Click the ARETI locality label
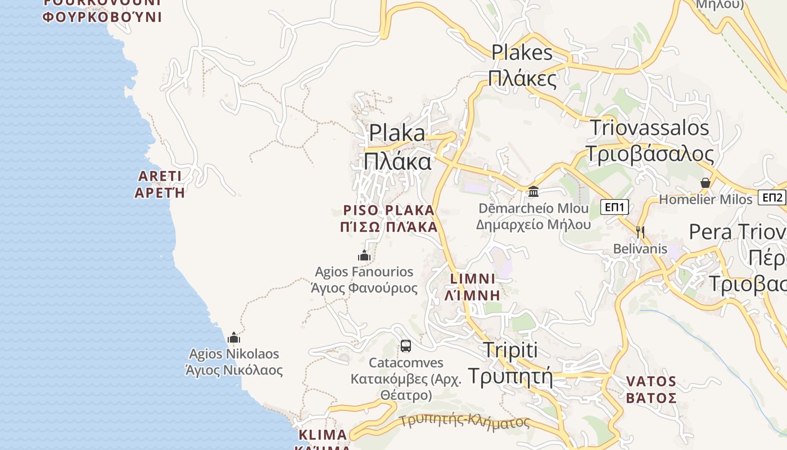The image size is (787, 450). point(160,184)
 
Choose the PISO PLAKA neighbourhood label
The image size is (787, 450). point(389,218)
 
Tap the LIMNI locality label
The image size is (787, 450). point(473,286)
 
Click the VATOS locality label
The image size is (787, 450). point(651,389)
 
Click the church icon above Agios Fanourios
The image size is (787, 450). point(364,256)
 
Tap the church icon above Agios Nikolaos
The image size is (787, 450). point(234,337)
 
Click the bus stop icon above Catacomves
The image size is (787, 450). point(405,345)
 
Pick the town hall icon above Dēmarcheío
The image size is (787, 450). point(533,192)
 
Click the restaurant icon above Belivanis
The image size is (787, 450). point(640,231)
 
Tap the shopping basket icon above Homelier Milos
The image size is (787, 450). point(705,183)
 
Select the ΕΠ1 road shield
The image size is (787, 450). point(614,207)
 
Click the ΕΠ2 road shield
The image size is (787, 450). point(772,197)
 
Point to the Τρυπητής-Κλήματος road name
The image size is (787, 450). point(465,421)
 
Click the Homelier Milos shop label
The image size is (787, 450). point(705,199)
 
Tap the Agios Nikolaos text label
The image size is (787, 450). point(234,362)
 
